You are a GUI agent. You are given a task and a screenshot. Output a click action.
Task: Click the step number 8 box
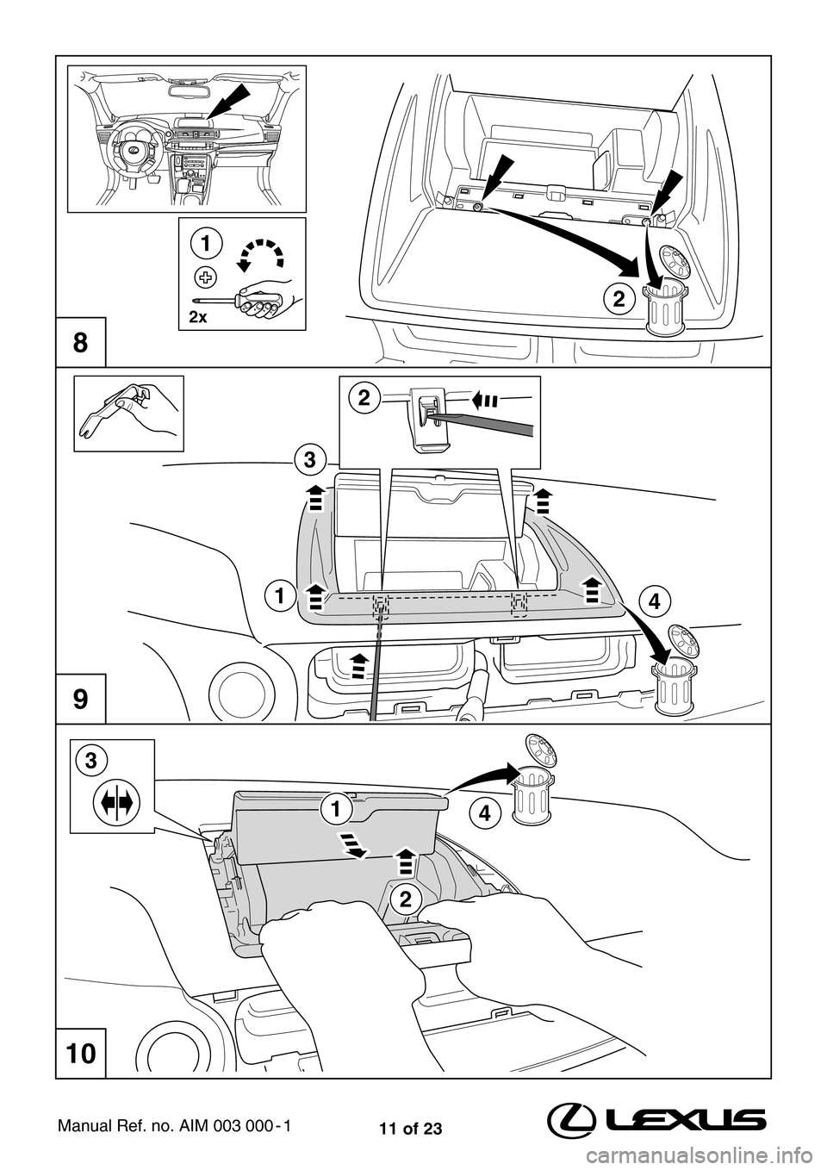(x=80, y=342)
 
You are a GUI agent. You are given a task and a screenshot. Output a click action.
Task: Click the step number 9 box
(x=80, y=699)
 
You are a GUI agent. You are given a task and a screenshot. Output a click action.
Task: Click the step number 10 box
(x=80, y=1053)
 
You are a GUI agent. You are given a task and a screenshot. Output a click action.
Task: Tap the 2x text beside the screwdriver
(x=197, y=317)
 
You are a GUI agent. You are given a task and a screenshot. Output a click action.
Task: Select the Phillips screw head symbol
(x=205, y=277)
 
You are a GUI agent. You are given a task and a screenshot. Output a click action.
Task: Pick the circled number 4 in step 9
(x=655, y=601)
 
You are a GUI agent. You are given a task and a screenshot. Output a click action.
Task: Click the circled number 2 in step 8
(x=617, y=300)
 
